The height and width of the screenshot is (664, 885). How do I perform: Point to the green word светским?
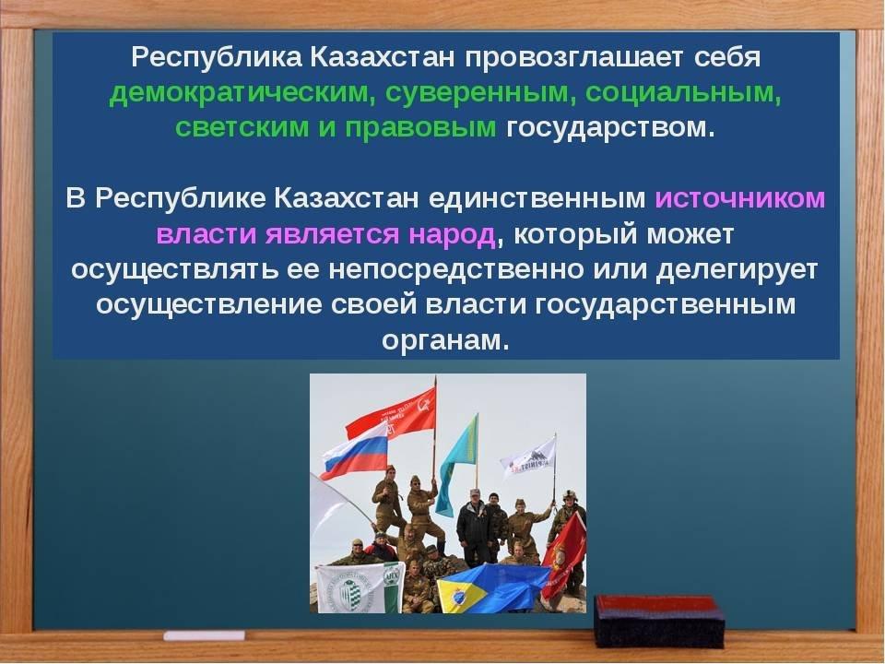click(x=242, y=128)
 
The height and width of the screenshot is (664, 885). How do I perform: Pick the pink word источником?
click(x=740, y=199)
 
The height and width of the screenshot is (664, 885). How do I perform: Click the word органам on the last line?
click(x=446, y=341)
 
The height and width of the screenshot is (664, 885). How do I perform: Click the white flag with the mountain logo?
click(x=529, y=459)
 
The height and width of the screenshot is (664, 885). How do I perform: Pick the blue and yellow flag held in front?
click(x=489, y=587)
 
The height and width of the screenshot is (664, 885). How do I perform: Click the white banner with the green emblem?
click(x=359, y=587)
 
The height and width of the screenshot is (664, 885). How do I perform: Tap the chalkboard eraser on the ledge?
click(x=658, y=622)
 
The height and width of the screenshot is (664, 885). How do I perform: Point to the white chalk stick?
click(x=205, y=635)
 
